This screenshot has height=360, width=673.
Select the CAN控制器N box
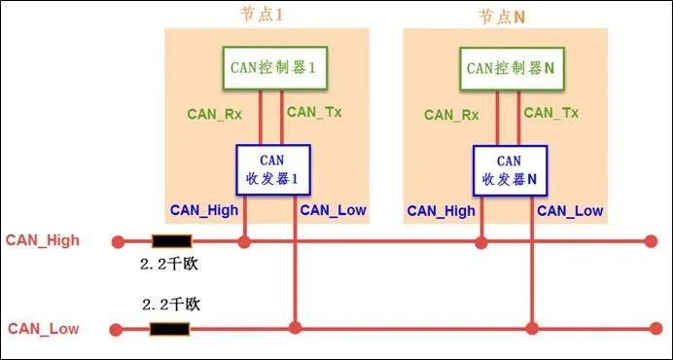(510, 68)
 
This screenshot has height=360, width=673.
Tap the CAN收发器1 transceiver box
(272, 169)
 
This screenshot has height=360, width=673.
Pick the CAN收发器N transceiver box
(510, 169)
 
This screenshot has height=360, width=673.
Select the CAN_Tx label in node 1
(314, 112)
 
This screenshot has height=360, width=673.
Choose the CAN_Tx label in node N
(551, 112)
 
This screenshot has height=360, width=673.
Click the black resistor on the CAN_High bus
(171, 241)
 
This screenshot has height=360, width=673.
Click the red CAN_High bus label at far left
(44, 240)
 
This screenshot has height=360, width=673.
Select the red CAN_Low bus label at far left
(44, 329)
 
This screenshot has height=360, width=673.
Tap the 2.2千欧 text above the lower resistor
(170, 305)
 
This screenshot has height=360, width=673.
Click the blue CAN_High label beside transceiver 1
(204, 210)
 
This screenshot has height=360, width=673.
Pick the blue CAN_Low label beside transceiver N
(570, 210)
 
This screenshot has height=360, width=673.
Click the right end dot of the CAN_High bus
(651, 241)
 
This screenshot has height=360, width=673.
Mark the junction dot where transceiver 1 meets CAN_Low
(295, 329)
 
